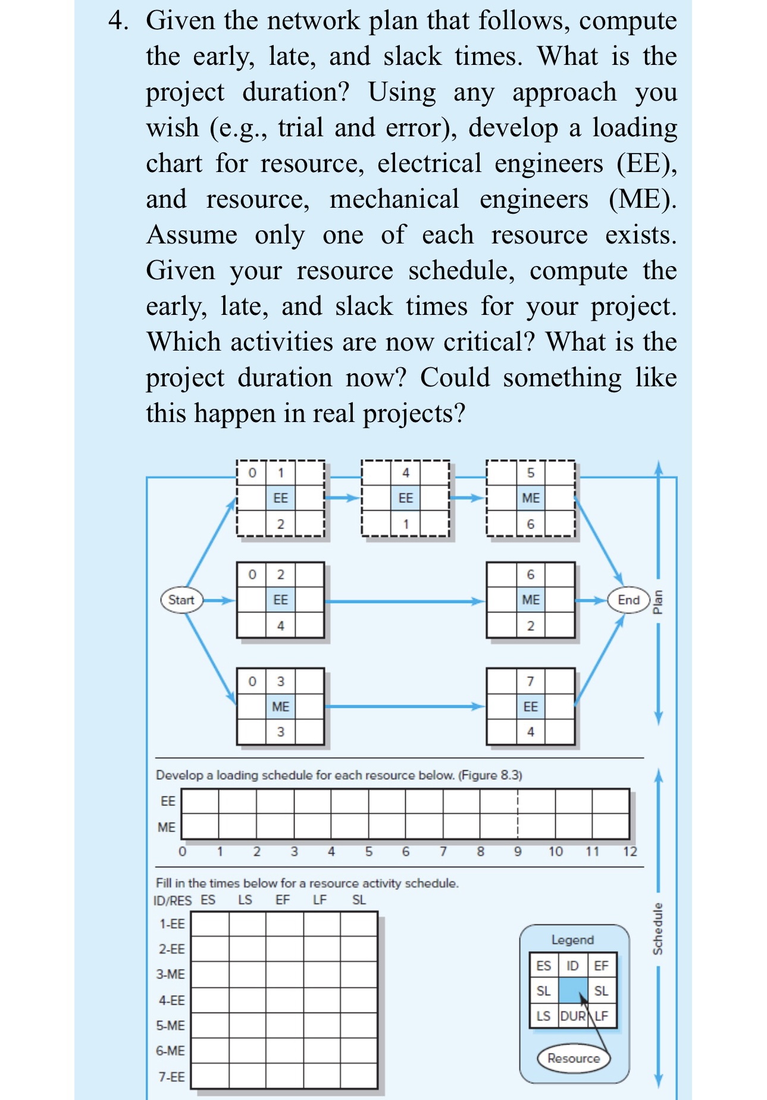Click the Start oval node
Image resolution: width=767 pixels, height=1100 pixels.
[x=181, y=599]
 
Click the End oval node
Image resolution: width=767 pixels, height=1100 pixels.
[x=628, y=599]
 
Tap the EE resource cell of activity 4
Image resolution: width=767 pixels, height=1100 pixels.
[x=405, y=498]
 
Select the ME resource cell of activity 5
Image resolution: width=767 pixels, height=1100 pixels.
[x=530, y=498]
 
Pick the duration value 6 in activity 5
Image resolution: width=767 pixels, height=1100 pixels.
[x=530, y=524]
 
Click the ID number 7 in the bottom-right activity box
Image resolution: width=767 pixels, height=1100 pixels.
[x=530, y=681]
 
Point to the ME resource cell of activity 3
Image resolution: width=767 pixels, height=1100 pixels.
[x=280, y=707]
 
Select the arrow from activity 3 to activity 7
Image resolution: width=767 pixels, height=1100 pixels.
[x=405, y=707]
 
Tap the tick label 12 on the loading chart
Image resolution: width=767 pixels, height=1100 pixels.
[x=630, y=852]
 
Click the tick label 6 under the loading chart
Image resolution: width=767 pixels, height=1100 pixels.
[x=406, y=852]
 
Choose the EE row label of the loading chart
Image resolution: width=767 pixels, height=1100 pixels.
[x=168, y=801]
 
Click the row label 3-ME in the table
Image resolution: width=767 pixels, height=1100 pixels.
[x=171, y=974]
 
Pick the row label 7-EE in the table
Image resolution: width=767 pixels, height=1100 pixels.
[x=171, y=1077]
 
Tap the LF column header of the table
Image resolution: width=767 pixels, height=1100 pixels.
[x=320, y=900]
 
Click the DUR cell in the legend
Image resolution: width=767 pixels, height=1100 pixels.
[x=572, y=1016]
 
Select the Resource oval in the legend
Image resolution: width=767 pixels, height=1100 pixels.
[x=573, y=1058]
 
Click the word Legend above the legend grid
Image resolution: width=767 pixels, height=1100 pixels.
[x=572, y=940]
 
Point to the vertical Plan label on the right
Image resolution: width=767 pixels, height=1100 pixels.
[x=658, y=601]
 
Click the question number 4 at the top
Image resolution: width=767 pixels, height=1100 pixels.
[x=118, y=21]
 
